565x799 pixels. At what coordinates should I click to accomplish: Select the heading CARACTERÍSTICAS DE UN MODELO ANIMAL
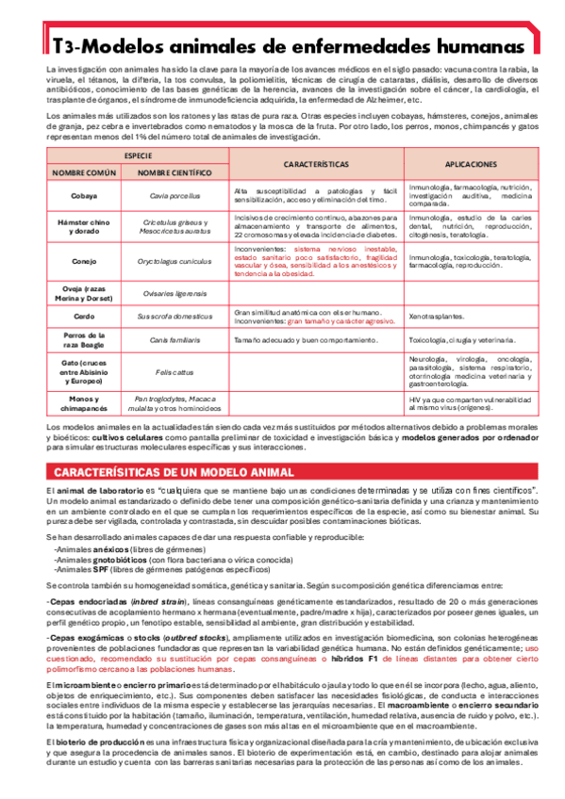(174, 471)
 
